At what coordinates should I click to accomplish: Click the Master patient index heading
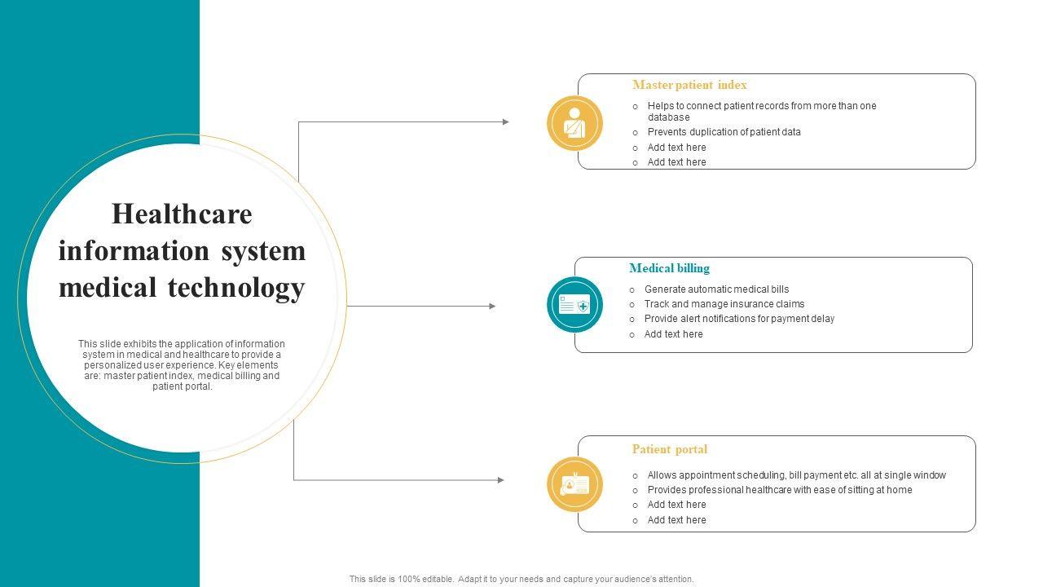click(x=689, y=85)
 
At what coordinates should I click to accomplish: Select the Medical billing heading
click(x=669, y=268)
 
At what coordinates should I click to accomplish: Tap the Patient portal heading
click(x=669, y=449)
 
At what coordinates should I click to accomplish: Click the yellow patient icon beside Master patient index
click(x=574, y=123)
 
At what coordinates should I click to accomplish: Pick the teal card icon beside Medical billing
click(x=574, y=305)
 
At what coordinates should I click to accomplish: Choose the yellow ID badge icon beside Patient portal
click(x=574, y=485)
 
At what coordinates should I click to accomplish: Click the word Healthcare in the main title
click(x=182, y=214)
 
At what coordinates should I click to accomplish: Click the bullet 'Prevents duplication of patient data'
click(x=724, y=132)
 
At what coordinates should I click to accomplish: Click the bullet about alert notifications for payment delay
click(x=739, y=319)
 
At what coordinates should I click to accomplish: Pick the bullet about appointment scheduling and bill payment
click(x=796, y=475)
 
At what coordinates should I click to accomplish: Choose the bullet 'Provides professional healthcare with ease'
click(x=779, y=490)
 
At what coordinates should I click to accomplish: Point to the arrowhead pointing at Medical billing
click(x=492, y=307)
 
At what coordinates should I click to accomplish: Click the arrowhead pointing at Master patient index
click(x=505, y=122)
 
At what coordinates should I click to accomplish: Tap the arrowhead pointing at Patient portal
click(x=500, y=480)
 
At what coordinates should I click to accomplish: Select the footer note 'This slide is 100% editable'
click(x=521, y=579)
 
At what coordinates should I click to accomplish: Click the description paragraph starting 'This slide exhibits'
click(x=182, y=365)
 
